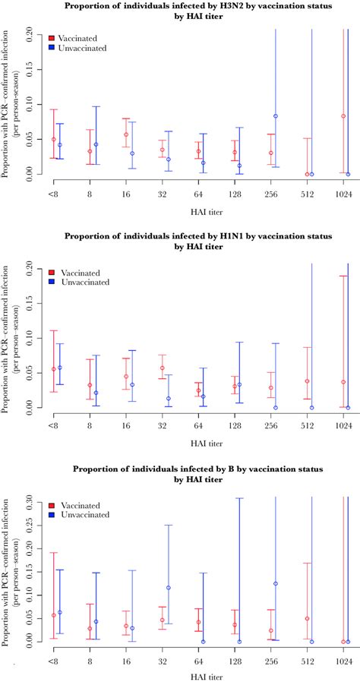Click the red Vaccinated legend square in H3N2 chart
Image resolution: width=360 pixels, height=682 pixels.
click(x=51, y=37)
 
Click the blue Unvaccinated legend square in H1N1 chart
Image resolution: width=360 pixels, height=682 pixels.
click(x=51, y=282)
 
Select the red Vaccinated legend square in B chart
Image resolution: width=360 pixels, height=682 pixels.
click(x=51, y=504)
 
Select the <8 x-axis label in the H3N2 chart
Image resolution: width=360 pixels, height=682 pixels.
click(x=53, y=194)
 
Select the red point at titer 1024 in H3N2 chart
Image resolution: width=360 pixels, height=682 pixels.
click(x=343, y=116)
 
